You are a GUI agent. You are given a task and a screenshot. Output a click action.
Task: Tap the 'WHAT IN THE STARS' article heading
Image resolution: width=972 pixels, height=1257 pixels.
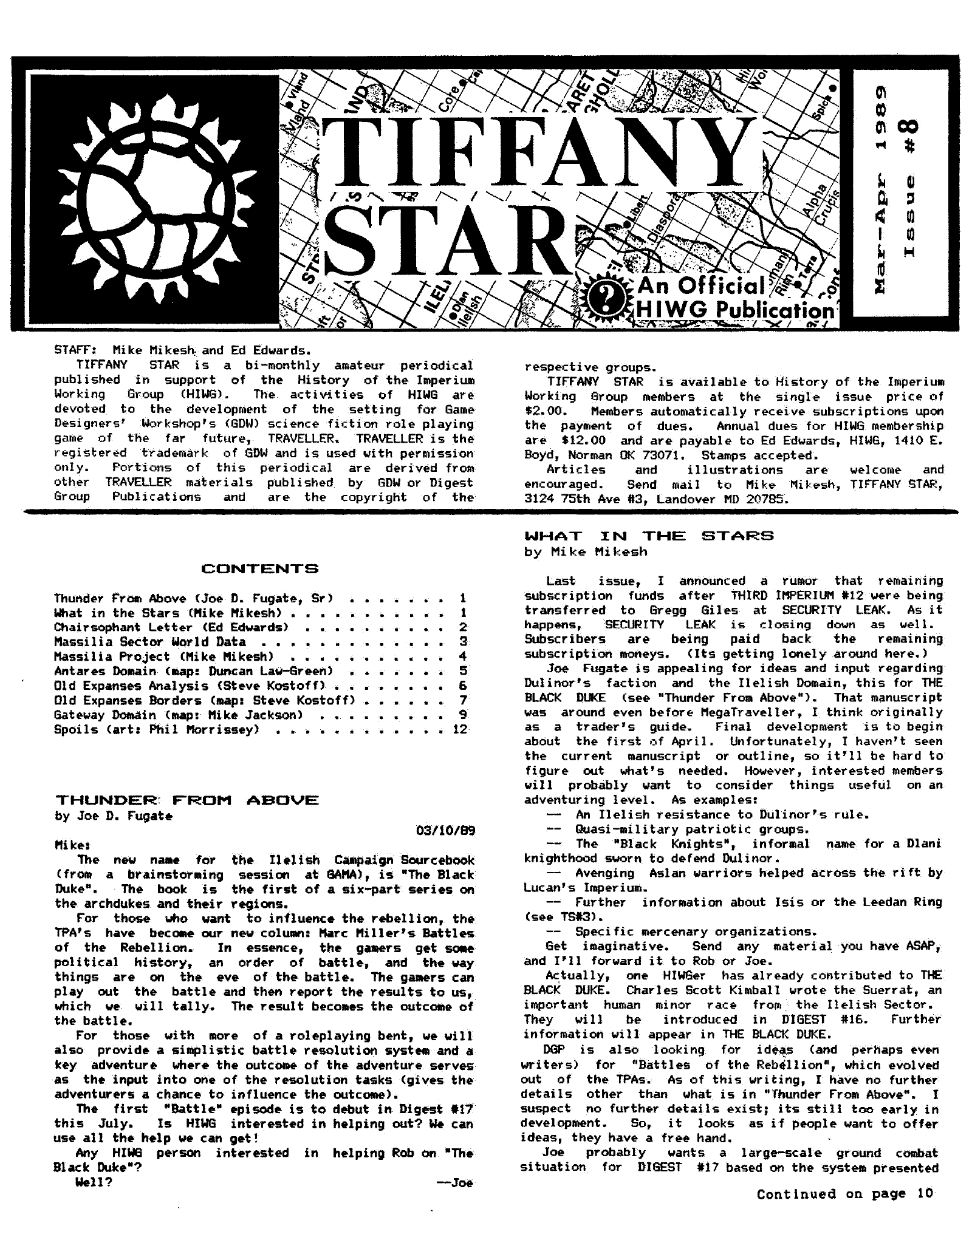649,536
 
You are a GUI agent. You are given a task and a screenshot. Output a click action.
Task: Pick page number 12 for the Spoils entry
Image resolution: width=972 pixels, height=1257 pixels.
460,729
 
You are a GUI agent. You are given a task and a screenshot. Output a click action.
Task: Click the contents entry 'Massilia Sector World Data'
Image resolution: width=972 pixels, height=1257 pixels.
150,642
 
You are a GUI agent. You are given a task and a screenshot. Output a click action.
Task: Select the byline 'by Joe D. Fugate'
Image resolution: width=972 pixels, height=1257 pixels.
114,816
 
